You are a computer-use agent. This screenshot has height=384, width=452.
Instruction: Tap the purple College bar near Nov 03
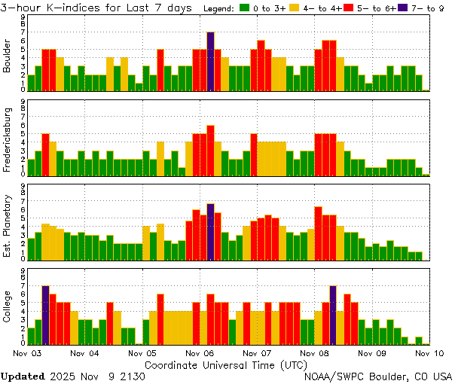click(x=45, y=315)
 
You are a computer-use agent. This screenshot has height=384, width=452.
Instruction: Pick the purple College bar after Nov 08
click(x=332, y=315)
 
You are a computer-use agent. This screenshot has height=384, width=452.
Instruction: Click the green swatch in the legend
click(x=245, y=8)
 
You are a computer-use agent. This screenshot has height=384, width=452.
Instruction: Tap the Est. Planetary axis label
click(x=8, y=225)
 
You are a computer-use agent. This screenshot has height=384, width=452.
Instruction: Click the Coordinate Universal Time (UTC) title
click(x=225, y=364)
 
